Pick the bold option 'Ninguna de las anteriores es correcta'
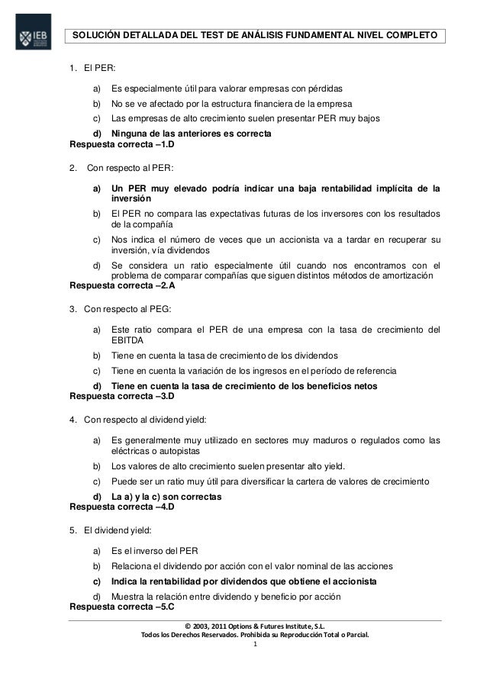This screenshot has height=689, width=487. [x=189, y=134]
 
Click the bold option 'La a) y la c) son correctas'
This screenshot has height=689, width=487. [x=166, y=497]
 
